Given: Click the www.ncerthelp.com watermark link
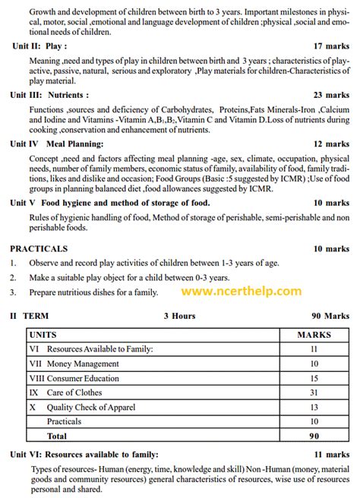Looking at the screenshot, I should (x=241, y=292).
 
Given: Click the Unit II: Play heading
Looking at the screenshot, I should (x=39, y=45).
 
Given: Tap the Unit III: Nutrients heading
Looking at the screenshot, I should (x=49, y=95).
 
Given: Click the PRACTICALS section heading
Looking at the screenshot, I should (x=39, y=248).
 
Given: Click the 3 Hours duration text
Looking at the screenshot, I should (x=178, y=316).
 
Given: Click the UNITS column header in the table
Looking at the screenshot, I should (x=43, y=334).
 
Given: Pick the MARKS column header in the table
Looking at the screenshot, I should (x=313, y=334).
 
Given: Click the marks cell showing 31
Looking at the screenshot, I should (x=313, y=392).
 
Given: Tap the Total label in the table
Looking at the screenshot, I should (x=57, y=436).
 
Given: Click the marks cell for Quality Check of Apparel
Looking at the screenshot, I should (x=313, y=407).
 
